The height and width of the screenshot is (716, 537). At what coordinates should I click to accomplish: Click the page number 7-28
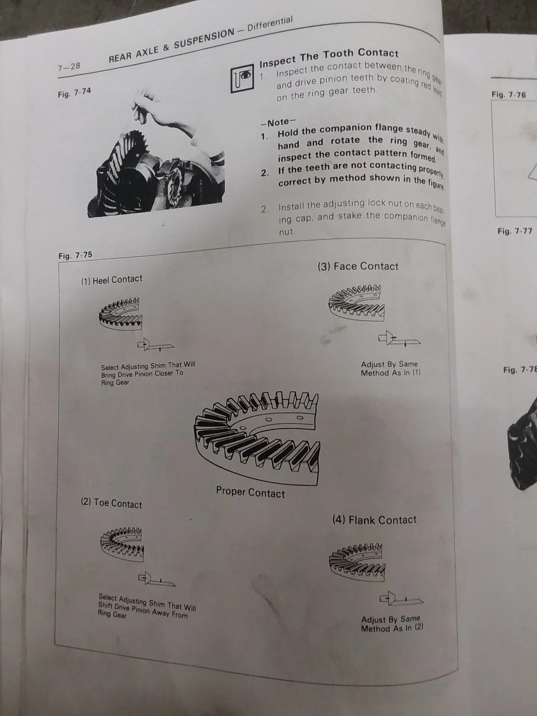point(69,67)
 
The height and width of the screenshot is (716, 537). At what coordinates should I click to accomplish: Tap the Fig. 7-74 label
point(75,92)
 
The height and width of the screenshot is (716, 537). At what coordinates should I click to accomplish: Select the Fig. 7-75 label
point(75,255)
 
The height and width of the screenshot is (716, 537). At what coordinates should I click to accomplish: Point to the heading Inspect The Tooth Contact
point(329,57)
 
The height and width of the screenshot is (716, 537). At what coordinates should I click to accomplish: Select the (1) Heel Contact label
point(112,280)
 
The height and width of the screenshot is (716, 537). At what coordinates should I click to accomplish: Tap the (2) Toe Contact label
point(112,503)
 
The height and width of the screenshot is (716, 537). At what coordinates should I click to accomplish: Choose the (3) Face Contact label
point(358,266)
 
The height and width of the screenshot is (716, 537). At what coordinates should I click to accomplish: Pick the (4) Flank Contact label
point(374,520)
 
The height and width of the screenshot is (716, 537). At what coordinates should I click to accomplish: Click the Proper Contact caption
point(250,492)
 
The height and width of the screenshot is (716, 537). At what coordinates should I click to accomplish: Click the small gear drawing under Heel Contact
point(120,313)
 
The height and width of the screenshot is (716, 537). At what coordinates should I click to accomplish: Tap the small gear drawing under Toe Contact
point(122,544)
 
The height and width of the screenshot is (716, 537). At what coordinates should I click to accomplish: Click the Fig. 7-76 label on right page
point(509,94)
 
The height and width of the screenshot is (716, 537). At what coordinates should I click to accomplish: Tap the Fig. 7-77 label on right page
point(515,231)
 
